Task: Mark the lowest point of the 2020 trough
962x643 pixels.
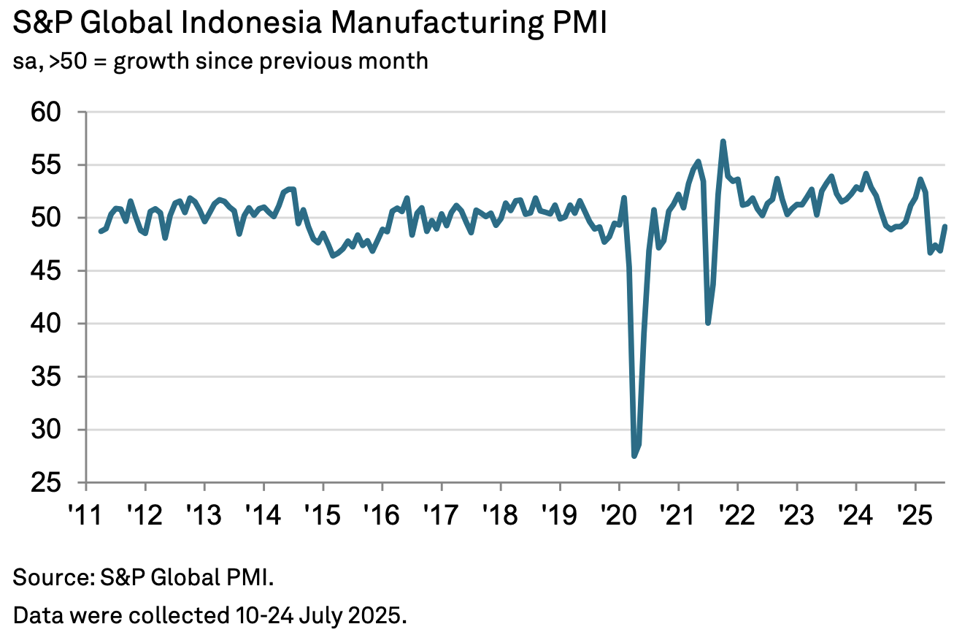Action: [634, 456]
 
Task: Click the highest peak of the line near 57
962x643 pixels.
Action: [723, 141]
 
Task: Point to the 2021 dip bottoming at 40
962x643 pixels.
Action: [708, 323]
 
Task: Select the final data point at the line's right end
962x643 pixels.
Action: [945, 226]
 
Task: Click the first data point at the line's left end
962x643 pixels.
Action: [101, 231]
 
